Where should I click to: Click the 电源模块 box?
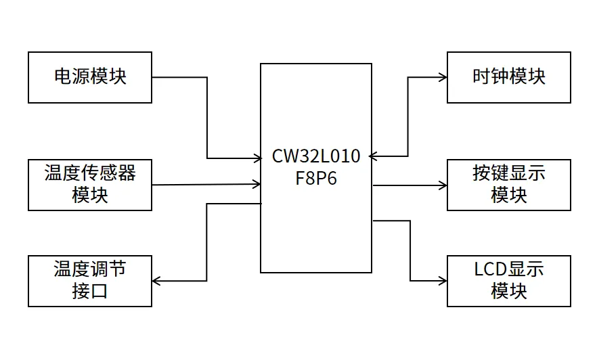pos(89,77)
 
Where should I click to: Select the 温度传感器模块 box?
pos(89,185)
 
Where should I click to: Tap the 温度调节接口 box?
pos(89,281)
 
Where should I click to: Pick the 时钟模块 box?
pos(508,77)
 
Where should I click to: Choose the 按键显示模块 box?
pos(508,185)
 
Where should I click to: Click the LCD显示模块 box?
pos(508,281)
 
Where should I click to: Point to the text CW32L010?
pos(316,156)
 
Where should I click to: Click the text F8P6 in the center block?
pos(316,179)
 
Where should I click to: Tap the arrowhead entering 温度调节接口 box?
pos(156,281)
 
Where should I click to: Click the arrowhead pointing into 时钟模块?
pos(443,77)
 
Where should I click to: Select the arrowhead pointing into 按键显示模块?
pos(443,185)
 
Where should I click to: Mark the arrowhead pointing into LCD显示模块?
pos(443,280)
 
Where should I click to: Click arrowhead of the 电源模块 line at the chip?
pos(257,158)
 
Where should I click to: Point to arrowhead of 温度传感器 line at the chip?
pos(257,183)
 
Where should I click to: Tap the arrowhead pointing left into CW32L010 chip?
pos(374,156)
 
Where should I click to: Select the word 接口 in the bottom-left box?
pos(89,292)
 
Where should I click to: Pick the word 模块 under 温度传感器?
pos(89,196)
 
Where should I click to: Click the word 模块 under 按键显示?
pos(508,196)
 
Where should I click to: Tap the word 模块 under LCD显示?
pos(508,292)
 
